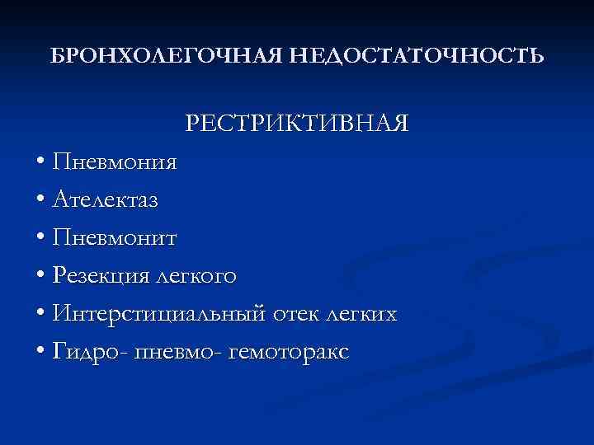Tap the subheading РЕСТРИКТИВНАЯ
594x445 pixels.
coord(297,123)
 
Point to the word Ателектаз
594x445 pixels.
coord(106,199)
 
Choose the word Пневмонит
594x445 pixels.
coord(114,237)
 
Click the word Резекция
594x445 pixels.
coord(97,276)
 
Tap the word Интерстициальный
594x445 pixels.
coord(159,314)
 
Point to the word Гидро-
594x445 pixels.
coord(84,353)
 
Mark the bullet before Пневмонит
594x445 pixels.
coord(40,238)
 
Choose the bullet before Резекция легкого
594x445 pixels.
coord(40,277)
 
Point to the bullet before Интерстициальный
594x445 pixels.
coord(40,315)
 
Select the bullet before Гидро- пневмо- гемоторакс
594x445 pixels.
coord(40,354)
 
